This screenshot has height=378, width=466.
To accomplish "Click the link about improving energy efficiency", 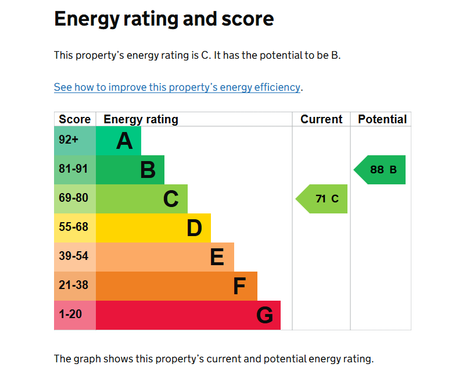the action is pyautogui.click(x=177, y=87).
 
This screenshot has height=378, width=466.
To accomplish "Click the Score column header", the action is pyautogui.click(x=75, y=119).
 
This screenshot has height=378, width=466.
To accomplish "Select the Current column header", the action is pyautogui.click(x=321, y=119).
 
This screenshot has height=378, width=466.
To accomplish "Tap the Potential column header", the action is pyautogui.click(x=382, y=119).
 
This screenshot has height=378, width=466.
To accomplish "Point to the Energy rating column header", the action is pyautogui.click(x=141, y=120).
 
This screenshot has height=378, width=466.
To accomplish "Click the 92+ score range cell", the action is pyautogui.click(x=75, y=141).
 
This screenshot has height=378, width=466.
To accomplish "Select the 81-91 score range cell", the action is pyautogui.click(x=75, y=170).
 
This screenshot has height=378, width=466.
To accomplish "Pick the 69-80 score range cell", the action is pyautogui.click(x=75, y=199).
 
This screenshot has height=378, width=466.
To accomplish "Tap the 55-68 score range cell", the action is pyautogui.click(x=75, y=228).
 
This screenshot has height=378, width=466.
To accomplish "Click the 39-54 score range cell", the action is pyautogui.click(x=75, y=257).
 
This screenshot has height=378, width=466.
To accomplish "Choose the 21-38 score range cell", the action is pyautogui.click(x=75, y=286).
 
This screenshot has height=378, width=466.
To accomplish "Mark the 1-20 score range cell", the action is pyautogui.click(x=75, y=315).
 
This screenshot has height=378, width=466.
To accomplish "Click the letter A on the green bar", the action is pyautogui.click(x=124, y=141).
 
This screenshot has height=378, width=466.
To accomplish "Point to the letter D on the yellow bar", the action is pyautogui.click(x=195, y=228).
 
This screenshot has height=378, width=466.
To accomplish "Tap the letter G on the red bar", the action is pyautogui.click(x=264, y=315).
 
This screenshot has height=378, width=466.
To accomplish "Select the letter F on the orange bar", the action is pyautogui.click(x=239, y=286).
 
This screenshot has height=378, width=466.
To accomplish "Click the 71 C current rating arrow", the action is pyautogui.click(x=321, y=199).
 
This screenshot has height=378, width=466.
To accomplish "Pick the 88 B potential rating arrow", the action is pyautogui.click(x=379, y=170).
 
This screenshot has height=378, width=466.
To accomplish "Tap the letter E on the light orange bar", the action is pyautogui.click(x=217, y=257).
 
